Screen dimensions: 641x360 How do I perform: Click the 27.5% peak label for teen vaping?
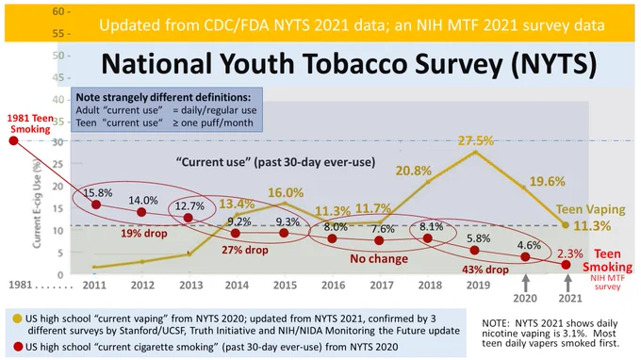tap(475, 140)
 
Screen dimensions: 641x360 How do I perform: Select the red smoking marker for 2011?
tap(96, 205)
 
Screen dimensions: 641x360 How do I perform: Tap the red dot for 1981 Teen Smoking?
tap(13, 140)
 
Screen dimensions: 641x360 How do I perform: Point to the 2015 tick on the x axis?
tap(285, 285)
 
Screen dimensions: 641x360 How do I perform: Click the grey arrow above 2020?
tap(526, 283)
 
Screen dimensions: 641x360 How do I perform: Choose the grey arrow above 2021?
tap(567, 283)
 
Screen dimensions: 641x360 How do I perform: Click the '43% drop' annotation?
tap(485, 270)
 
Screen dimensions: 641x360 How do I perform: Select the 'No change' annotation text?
tap(379, 258)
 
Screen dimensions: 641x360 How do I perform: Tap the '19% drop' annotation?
tap(144, 234)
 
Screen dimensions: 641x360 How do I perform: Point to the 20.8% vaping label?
tap(413, 171)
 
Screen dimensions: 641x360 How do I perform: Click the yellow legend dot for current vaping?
tap(17, 319)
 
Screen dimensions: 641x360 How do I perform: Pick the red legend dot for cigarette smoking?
tap(18, 347)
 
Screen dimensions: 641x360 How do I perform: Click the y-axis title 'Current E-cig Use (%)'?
tap(37, 205)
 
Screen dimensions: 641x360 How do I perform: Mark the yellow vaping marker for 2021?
tap(566, 224)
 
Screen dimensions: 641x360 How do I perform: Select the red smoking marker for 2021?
tap(566, 265)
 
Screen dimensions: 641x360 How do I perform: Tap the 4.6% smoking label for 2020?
tap(529, 245)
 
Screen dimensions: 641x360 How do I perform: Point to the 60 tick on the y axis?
tap(61, 11)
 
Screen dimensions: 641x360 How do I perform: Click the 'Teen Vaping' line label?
tap(591, 209)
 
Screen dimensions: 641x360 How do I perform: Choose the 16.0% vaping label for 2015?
tap(286, 192)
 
